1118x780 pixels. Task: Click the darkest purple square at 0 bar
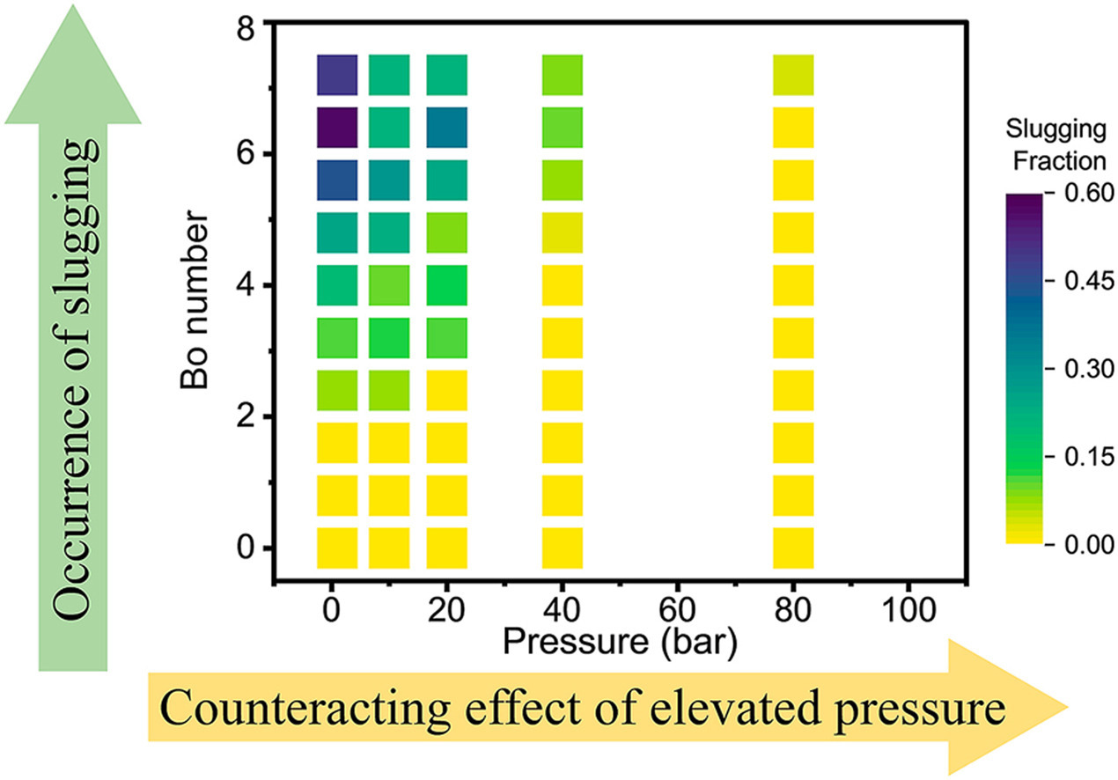[x=337, y=127]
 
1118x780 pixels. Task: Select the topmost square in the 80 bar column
[x=793, y=74]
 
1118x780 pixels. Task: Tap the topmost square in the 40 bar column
[x=562, y=74]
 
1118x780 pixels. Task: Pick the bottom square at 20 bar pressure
[x=446, y=548]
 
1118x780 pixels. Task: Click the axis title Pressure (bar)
[x=620, y=641]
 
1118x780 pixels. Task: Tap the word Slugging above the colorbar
[x=1055, y=132]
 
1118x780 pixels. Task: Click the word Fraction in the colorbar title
[x=1055, y=161]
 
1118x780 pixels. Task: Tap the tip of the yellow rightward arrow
[x=1069, y=707]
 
